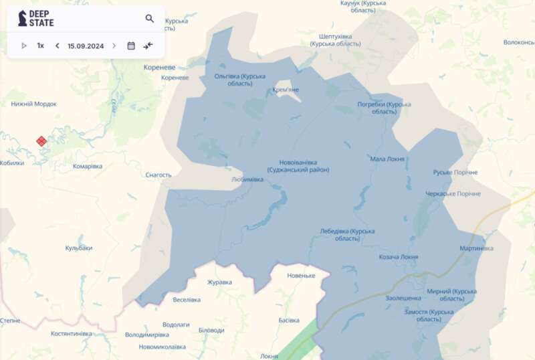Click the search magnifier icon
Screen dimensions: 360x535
pyautogui.click(x=150, y=19)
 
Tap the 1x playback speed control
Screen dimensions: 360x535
pyautogui.click(x=41, y=46)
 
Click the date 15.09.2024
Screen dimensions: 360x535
pyautogui.click(x=86, y=46)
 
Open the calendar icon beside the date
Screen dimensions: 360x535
pyautogui.click(x=131, y=46)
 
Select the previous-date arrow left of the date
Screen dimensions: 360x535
pyautogui.click(x=57, y=46)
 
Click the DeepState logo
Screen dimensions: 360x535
pyautogui.click(x=37, y=18)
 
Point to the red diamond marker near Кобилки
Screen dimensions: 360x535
pyautogui.click(x=41, y=141)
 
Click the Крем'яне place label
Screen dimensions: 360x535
pyautogui.click(x=286, y=90)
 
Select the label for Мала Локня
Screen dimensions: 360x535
pyautogui.click(x=387, y=159)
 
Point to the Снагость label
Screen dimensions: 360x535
pyautogui.click(x=158, y=175)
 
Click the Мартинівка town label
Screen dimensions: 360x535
pyautogui.click(x=477, y=248)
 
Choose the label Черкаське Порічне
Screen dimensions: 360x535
pyautogui.click(x=453, y=194)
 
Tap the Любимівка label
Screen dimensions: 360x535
pyautogui.click(x=247, y=179)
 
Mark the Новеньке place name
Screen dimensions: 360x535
pyautogui.click(x=301, y=276)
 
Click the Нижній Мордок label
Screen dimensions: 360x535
pyautogui.click(x=33, y=104)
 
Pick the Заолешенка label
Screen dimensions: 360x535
pyautogui.click(x=403, y=298)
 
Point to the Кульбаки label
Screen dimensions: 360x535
pyautogui.click(x=79, y=248)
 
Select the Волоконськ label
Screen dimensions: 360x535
pyautogui.click(x=519, y=42)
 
